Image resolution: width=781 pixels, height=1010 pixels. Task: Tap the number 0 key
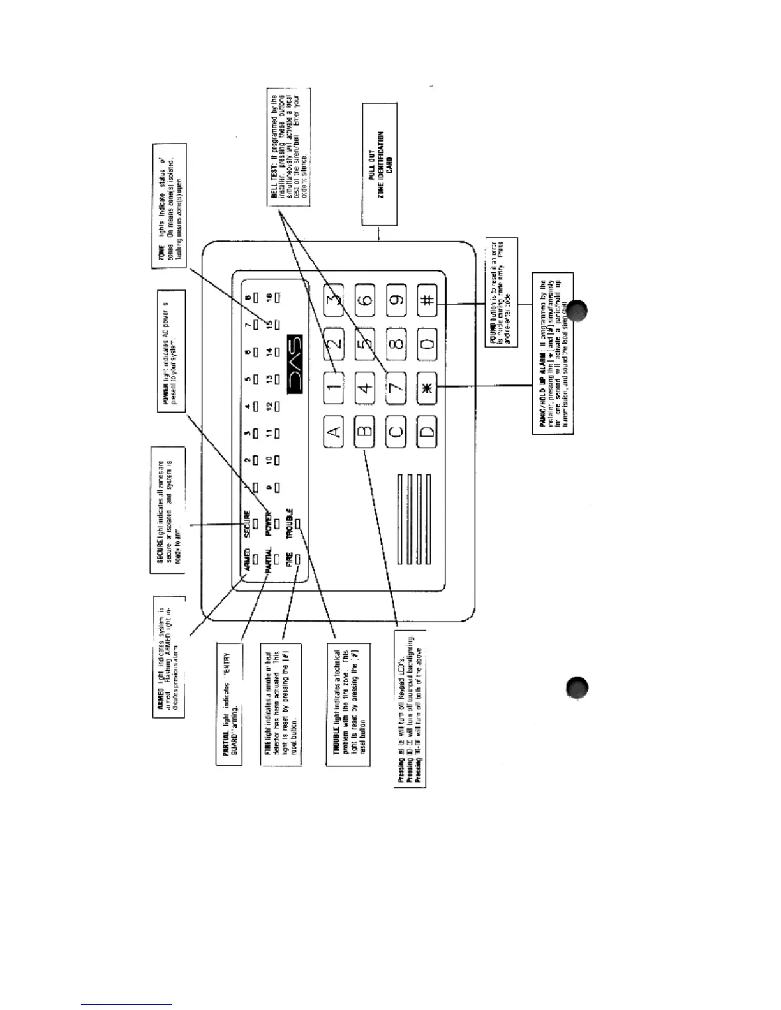[428, 344]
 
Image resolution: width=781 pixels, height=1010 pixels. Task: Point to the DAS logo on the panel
[295, 365]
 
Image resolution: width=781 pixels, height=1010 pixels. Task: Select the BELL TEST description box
[289, 147]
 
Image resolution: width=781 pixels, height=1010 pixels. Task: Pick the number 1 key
[334, 387]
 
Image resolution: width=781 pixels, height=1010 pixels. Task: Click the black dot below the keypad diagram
[576, 689]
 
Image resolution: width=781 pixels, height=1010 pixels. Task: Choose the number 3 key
[334, 299]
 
